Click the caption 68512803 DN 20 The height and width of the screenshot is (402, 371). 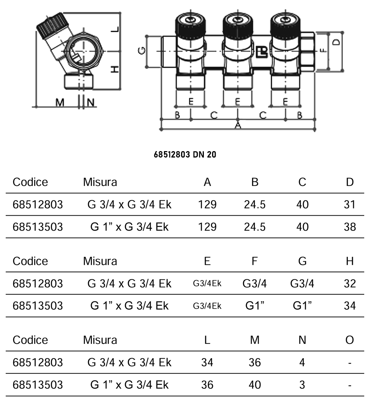tap(185, 155)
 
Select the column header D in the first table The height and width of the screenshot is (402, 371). tap(350, 182)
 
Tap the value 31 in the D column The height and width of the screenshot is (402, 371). tap(350, 205)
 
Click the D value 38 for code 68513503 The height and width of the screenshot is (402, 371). tap(350, 227)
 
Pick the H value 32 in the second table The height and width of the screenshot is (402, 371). tap(350, 284)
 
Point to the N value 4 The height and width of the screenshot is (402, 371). tap(302, 362)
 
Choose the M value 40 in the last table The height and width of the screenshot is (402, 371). tap(254, 385)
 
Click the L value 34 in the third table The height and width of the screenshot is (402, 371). tap(207, 362)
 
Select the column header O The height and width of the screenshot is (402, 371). tap(350, 340)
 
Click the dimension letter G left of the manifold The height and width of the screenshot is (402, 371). tap(141, 51)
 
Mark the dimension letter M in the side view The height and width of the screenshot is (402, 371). tap(60, 103)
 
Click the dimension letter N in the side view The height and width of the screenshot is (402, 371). tap(91, 103)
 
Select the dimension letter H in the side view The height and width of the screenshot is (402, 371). tap(114, 68)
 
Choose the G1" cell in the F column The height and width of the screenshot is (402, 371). tap(254, 306)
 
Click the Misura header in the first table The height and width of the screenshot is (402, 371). tap(100, 182)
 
